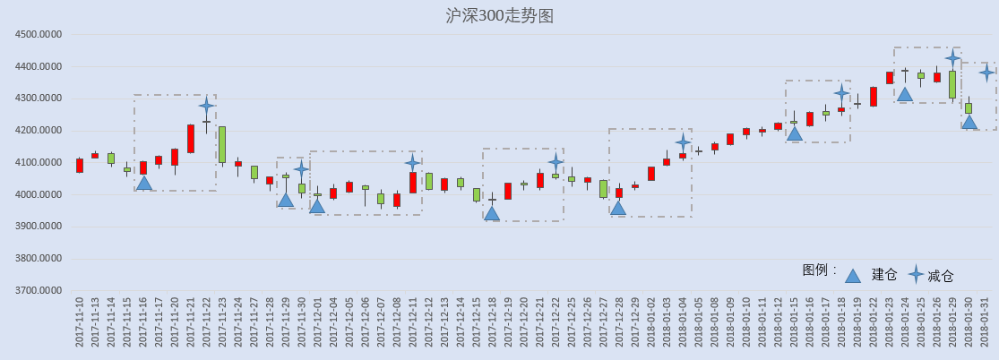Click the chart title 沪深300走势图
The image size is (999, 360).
click(x=500, y=16)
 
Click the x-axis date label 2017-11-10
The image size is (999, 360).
click(x=80, y=321)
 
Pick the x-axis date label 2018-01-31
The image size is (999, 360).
click(x=986, y=321)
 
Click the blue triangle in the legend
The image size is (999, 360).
click(x=852, y=275)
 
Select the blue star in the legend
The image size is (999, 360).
click(x=917, y=275)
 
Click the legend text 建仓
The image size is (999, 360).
click(x=884, y=275)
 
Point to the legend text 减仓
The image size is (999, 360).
click(x=941, y=276)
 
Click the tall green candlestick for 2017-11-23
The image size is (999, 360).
click(x=222, y=145)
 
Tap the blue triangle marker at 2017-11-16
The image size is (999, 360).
click(x=144, y=183)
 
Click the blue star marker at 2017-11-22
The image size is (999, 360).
click(x=206, y=106)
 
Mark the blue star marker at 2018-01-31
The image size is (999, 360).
click(x=986, y=73)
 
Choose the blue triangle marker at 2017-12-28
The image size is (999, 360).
click(x=618, y=208)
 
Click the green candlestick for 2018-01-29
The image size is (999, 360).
click(x=952, y=84)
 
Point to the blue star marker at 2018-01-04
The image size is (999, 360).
click(x=683, y=142)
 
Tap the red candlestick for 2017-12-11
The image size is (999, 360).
click(x=413, y=182)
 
